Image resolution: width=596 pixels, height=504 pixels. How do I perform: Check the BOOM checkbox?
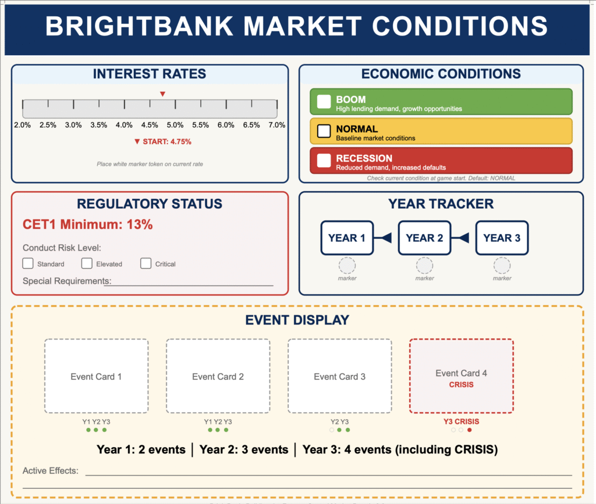pyautogui.click(x=324, y=101)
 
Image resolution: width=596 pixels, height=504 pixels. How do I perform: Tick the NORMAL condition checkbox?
pyautogui.click(x=324, y=131)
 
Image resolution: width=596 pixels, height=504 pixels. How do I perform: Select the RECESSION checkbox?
pyautogui.click(x=324, y=160)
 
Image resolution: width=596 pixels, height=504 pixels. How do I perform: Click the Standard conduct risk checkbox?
pyautogui.click(x=28, y=263)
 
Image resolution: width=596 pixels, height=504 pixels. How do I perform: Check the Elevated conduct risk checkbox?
pyautogui.click(x=87, y=263)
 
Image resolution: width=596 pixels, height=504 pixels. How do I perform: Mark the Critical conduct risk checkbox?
pyautogui.click(x=146, y=263)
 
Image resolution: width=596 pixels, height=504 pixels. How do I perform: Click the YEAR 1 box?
pyautogui.click(x=347, y=238)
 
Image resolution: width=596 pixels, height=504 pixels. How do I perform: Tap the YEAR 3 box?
pyautogui.click(x=502, y=238)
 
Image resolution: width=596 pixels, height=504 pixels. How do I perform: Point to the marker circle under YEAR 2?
pyautogui.click(x=424, y=265)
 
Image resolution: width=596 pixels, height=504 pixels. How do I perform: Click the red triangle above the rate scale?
pyautogui.click(x=162, y=94)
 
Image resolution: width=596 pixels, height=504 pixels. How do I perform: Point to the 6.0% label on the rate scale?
pyautogui.click(x=226, y=125)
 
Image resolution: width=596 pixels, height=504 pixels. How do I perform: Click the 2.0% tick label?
pyautogui.click(x=23, y=125)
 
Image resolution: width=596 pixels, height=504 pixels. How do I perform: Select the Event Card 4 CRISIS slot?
pyautogui.click(x=461, y=376)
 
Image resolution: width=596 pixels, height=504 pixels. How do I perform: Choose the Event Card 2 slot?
pyautogui.click(x=218, y=376)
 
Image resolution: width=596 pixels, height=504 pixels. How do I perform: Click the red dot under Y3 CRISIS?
pyautogui.click(x=470, y=430)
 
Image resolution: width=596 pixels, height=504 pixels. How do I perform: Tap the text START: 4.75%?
pyautogui.click(x=167, y=142)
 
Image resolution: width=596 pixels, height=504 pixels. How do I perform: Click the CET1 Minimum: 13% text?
pyautogui.click(x=87, y=224)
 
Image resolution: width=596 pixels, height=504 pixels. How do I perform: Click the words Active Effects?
pyautogui.click(x=51, y=471)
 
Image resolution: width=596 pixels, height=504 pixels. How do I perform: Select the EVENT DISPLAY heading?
pyautogui.click(x=297, y=320)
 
